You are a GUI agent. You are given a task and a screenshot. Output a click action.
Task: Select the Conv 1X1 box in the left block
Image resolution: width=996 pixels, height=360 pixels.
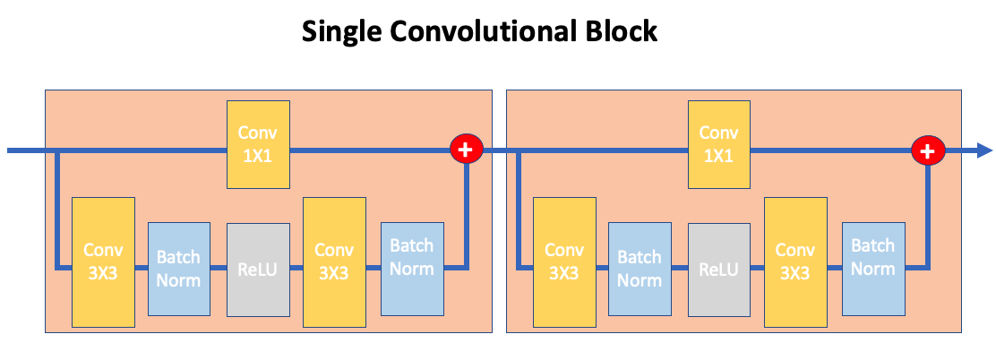click(x=258, y=144)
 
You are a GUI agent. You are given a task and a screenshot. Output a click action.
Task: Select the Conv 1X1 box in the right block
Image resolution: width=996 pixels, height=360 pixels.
click(x=718, y=144)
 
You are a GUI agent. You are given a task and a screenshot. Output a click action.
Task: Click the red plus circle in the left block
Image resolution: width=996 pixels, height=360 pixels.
click(x=466, y=150)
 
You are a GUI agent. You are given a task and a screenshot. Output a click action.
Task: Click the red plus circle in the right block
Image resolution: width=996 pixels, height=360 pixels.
click(x=927, y=150)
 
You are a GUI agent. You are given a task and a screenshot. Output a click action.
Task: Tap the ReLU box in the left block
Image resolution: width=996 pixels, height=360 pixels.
click(x=258, y=269)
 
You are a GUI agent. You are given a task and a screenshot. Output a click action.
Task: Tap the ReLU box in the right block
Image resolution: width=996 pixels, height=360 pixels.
click(x=718, y=269)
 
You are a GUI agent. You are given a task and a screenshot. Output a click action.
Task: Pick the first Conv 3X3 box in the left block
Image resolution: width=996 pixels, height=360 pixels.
click(x=103, y=261)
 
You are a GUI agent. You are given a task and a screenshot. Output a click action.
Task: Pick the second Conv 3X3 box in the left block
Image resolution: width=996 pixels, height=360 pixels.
click(x=333, y=261)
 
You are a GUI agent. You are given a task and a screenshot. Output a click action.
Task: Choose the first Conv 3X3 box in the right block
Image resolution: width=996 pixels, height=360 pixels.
click(x=564, y=261)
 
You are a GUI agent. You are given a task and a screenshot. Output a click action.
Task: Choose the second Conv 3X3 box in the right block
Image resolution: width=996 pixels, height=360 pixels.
click(x=794, y=261)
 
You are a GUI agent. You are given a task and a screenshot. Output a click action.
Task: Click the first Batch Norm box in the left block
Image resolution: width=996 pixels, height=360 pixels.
click(x=178, y=269)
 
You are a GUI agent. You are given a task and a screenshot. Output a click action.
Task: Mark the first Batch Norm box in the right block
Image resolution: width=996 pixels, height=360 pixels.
click(x=640, y=269)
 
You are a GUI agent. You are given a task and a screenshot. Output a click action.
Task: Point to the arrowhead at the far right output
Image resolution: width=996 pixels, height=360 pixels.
click(x=983, y=150)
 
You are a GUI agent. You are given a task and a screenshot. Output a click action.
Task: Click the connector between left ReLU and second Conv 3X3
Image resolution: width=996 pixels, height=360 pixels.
click(x=296, y=267)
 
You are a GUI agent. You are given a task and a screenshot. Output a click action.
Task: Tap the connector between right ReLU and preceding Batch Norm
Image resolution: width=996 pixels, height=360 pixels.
click(x=679, y=267)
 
